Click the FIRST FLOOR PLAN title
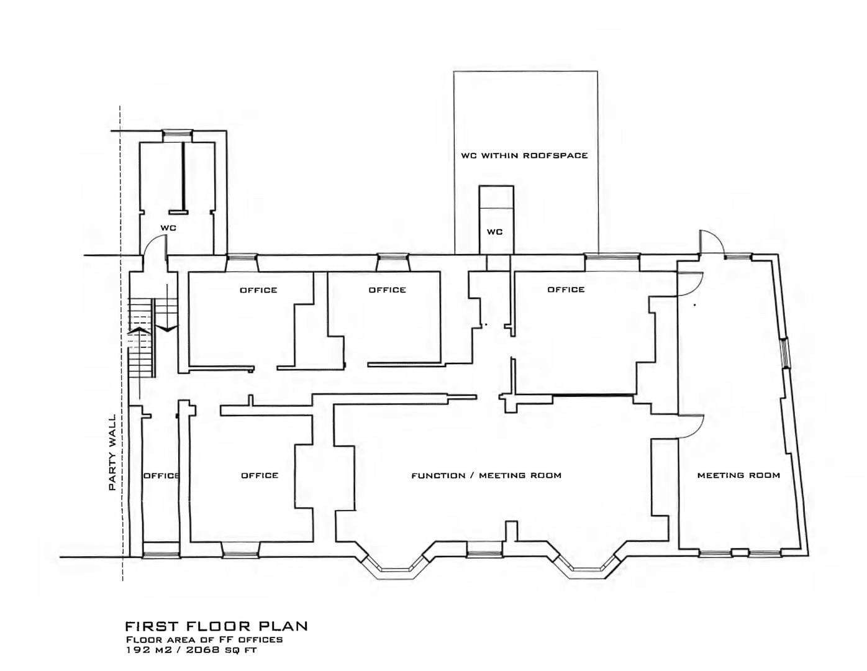(216, 626)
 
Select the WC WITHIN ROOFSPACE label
(524, 155)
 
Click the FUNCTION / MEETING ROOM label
(486, 475)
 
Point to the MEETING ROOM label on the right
(738, 475)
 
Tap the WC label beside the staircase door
(168, 228)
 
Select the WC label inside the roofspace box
(495, 232)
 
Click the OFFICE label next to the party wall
(161, 475)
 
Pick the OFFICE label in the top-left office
(258, 290)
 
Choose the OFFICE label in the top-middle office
(388, 290)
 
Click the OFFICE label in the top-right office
(566, 290)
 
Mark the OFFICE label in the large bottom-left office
(260, 475)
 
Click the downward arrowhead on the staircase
(166, 328)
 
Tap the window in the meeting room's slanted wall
(785, 353)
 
